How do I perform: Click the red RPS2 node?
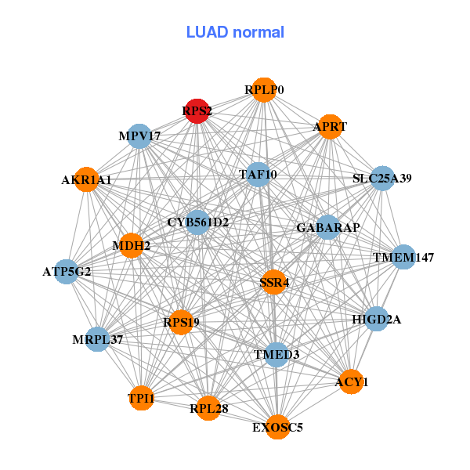197,111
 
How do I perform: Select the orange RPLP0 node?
264,90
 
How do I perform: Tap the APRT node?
330,127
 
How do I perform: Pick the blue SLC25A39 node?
382,178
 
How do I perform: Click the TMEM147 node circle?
403,257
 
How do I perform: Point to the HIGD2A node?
377,319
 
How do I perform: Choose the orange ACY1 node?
351,382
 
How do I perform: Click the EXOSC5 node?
278,427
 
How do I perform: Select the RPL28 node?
208,408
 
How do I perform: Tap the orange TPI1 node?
142,398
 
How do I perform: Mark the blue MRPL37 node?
97,339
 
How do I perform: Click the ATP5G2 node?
67,272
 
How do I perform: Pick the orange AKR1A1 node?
87,179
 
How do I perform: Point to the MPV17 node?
139,136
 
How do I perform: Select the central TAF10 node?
258,175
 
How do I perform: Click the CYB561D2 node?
197,222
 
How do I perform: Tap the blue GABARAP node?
328,227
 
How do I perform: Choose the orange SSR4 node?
273,282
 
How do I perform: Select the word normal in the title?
258,32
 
